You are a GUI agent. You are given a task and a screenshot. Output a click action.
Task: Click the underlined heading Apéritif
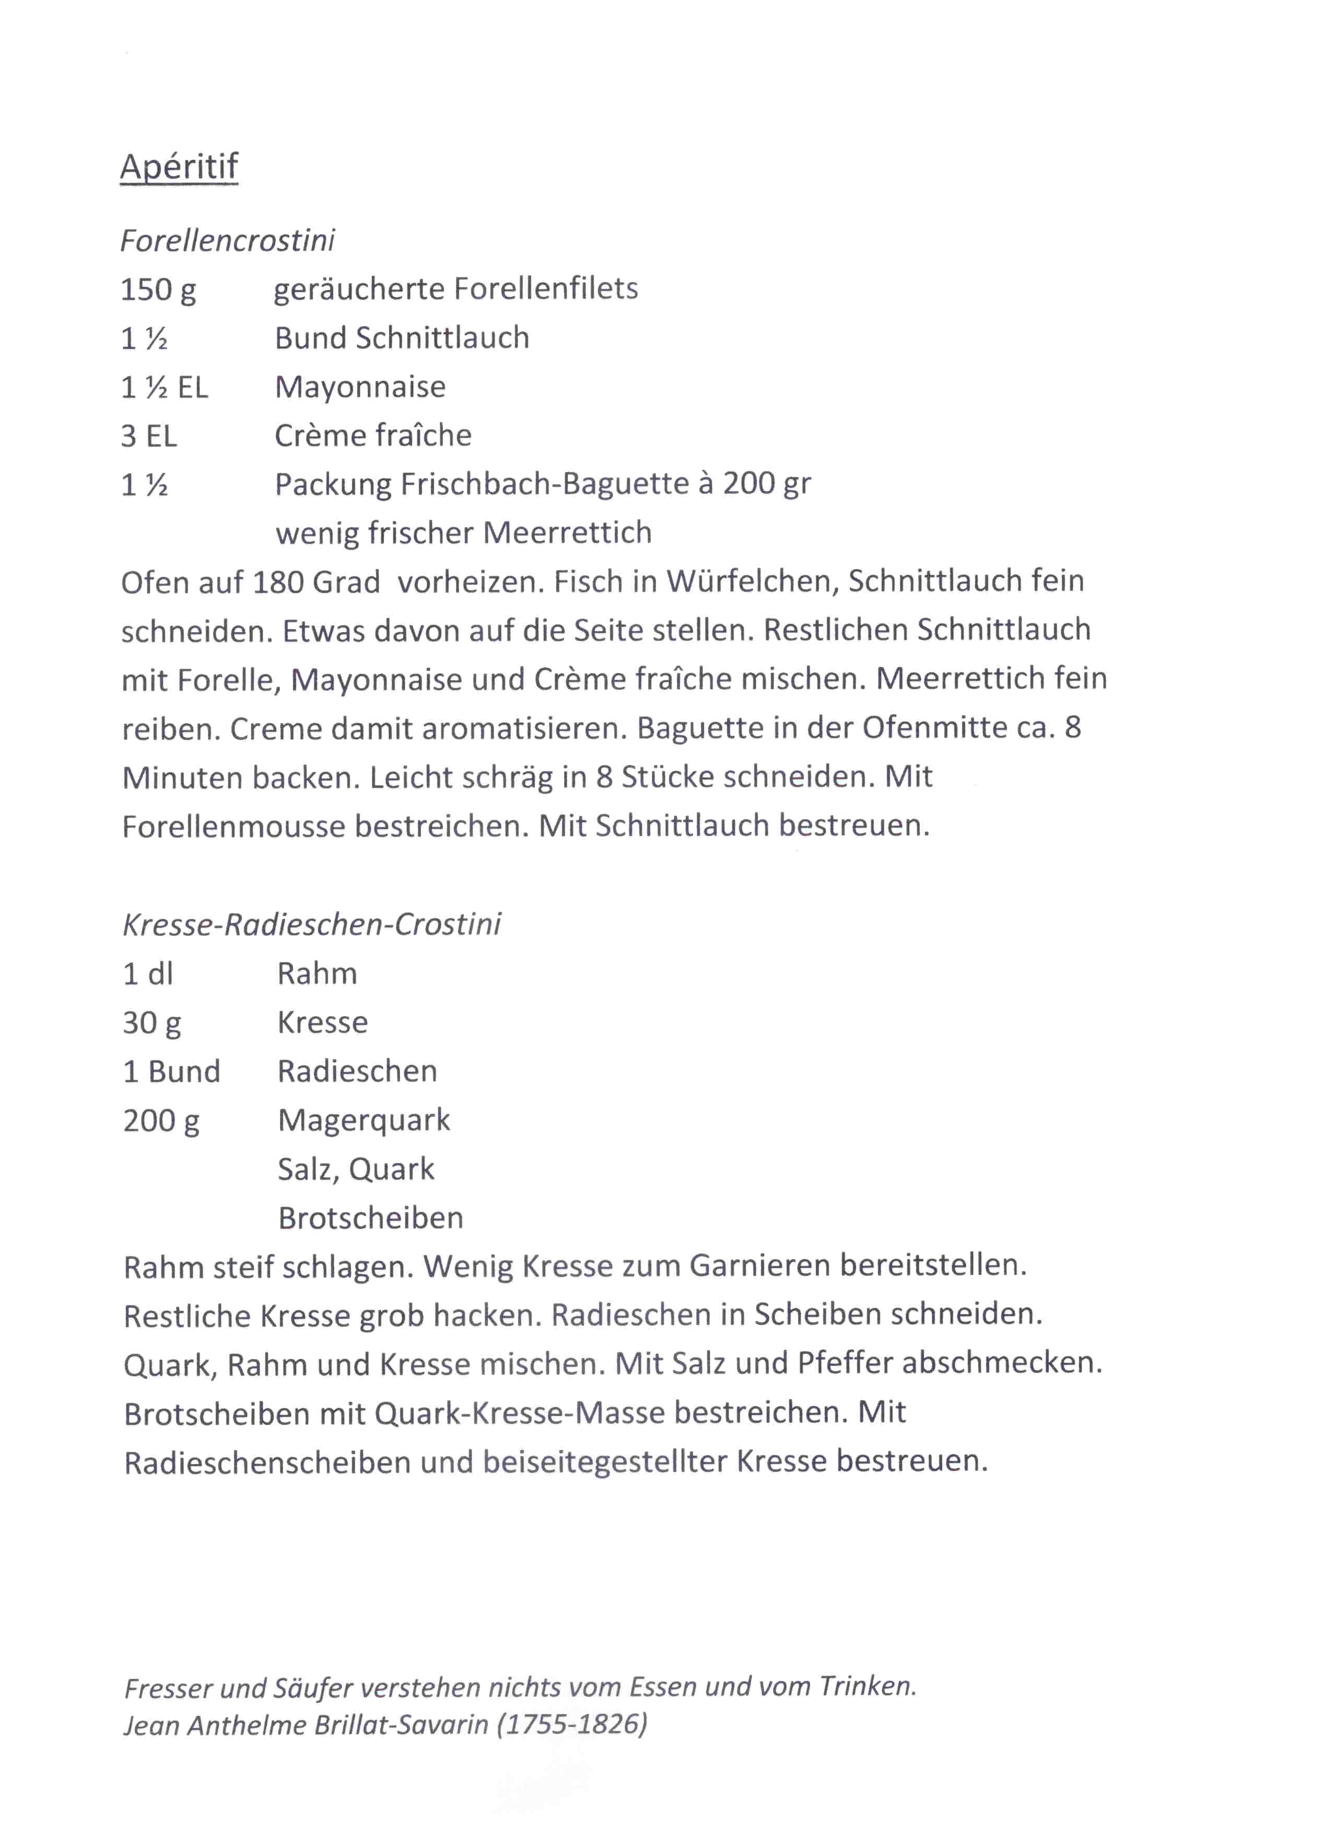click(x=179, y=167)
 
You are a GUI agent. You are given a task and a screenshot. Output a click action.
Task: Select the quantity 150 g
click(x=158, y=289)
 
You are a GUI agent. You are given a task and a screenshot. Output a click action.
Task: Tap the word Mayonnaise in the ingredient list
click(x=360, y=387)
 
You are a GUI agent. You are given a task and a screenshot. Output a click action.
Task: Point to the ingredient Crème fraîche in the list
click(x=373, y=436)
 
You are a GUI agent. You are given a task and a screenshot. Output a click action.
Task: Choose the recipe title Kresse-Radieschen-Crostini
click(x=311, y=924)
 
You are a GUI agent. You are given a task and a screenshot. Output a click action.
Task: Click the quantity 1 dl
click(x=148, y=973)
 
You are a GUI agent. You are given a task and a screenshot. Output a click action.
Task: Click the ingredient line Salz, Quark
click(x=356, y=1169)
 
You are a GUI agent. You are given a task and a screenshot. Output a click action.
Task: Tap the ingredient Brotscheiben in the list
click(x=370, y=1218)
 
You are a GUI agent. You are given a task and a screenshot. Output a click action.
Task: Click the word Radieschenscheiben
click(x=267, y=1462)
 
